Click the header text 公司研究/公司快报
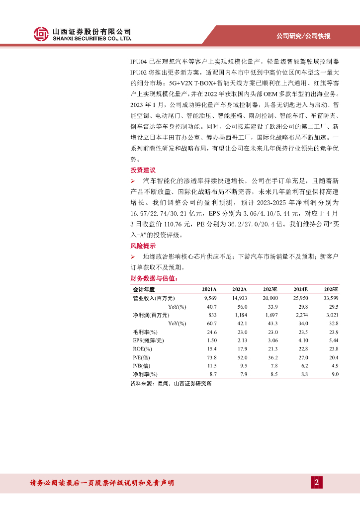303,36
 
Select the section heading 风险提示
143,246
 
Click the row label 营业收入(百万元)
153,298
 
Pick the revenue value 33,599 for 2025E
330,298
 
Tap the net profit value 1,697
270,315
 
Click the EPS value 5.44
333,340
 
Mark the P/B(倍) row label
143,365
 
